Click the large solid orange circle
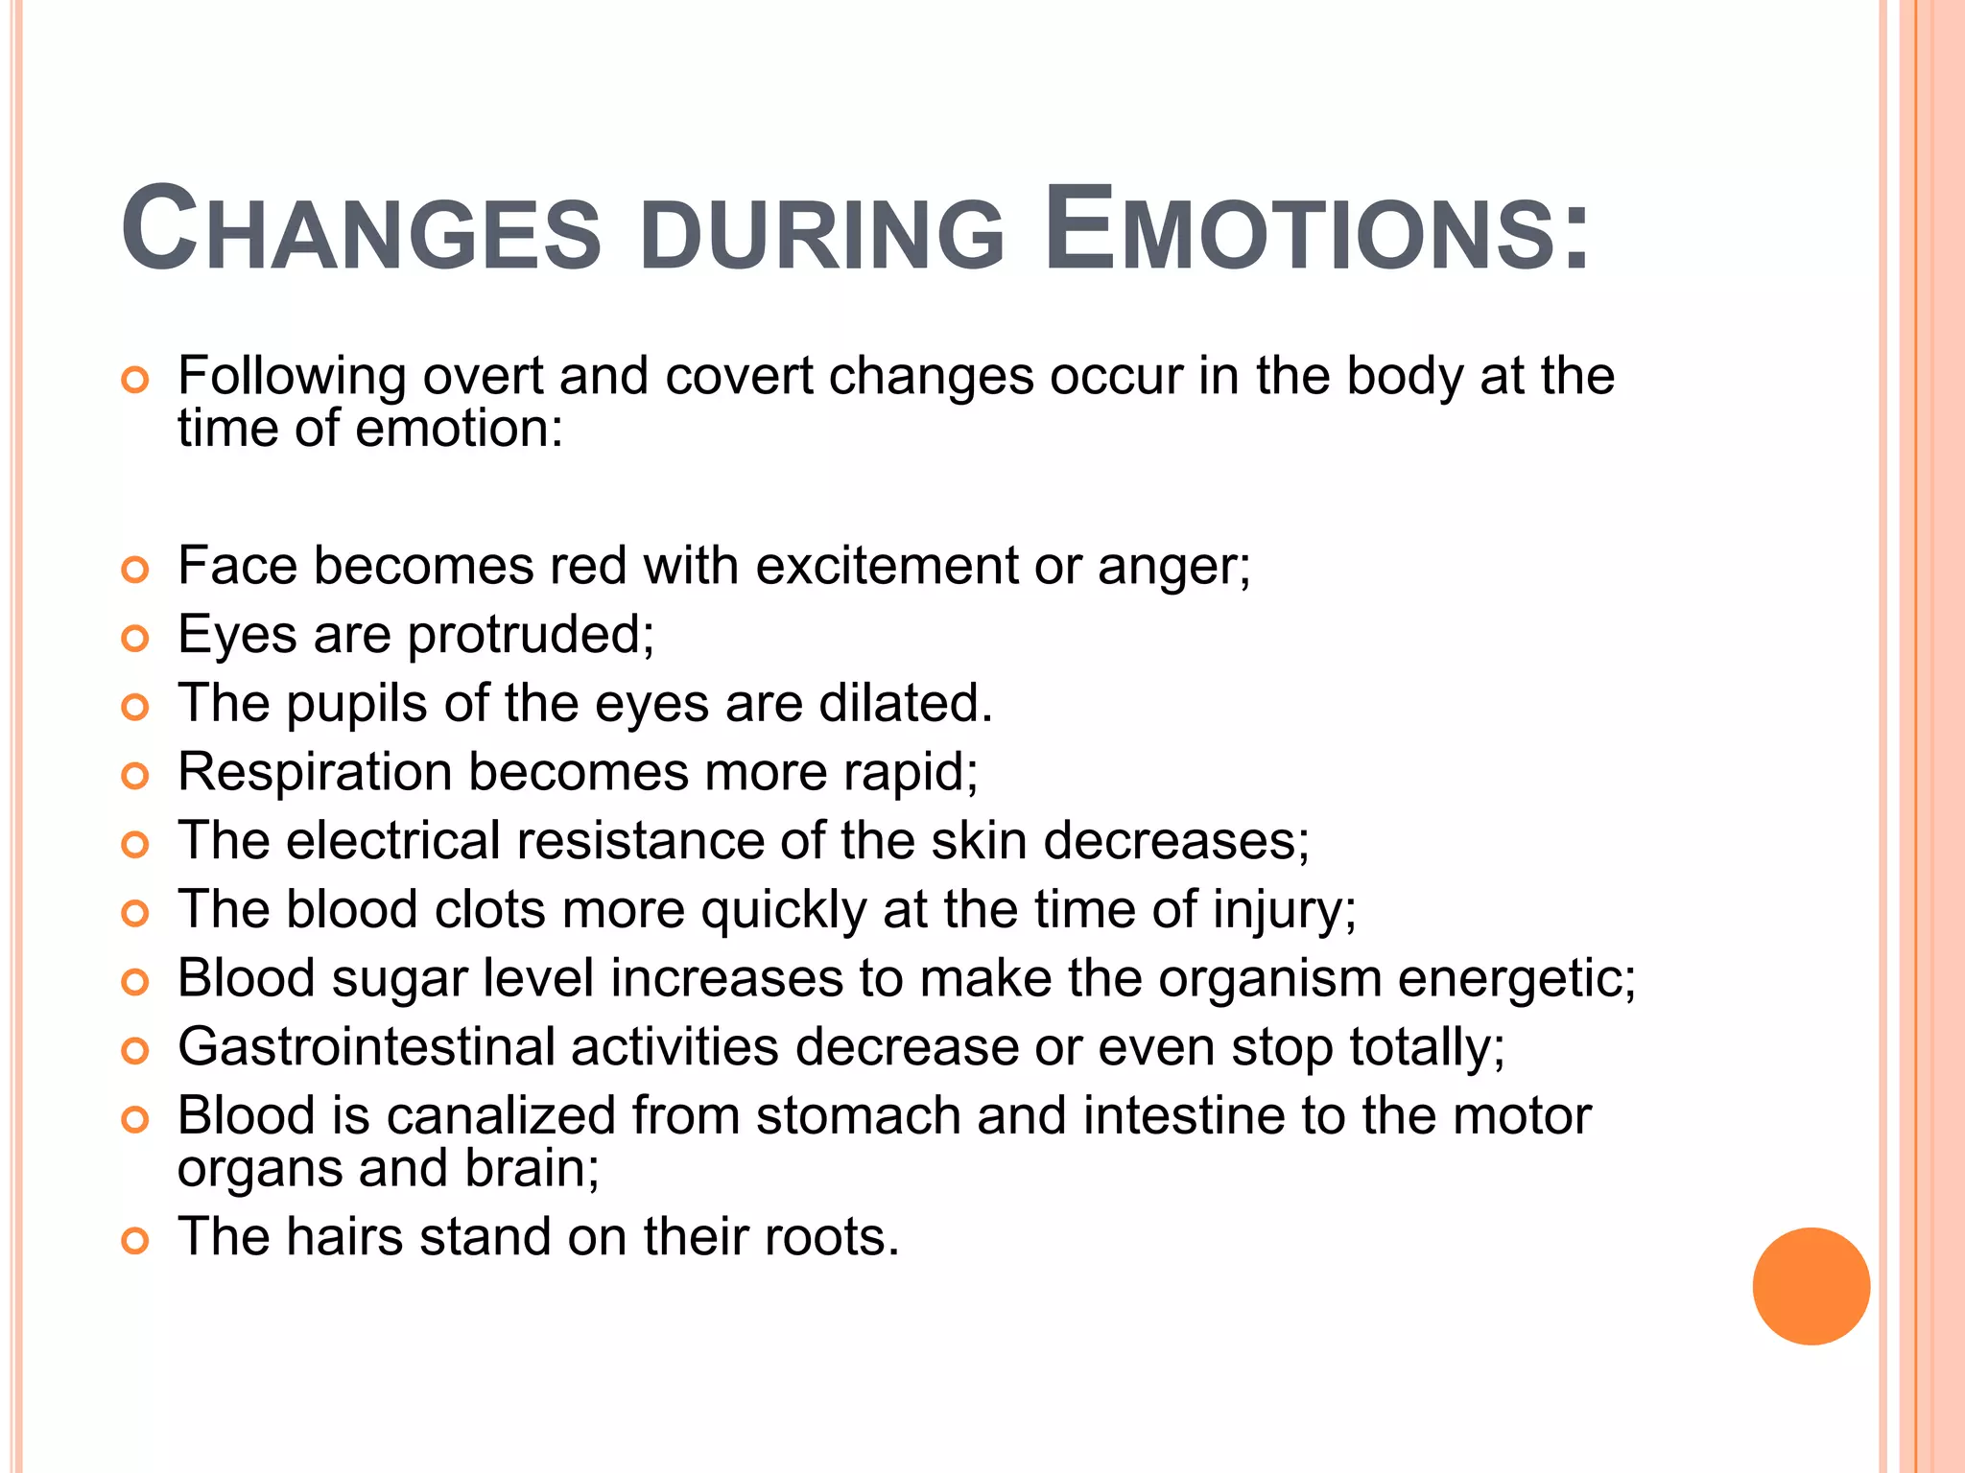(1811, 1286)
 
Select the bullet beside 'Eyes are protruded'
(135, 638)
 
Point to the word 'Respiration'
(315, 773)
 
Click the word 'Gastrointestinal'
(367, 1046)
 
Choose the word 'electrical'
(393, 841)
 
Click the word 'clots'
(489, 909)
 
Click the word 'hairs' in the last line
(343, 1237)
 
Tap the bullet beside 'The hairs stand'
(135, 1242)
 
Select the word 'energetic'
(1515, 980)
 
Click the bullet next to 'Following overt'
(135, 381)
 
